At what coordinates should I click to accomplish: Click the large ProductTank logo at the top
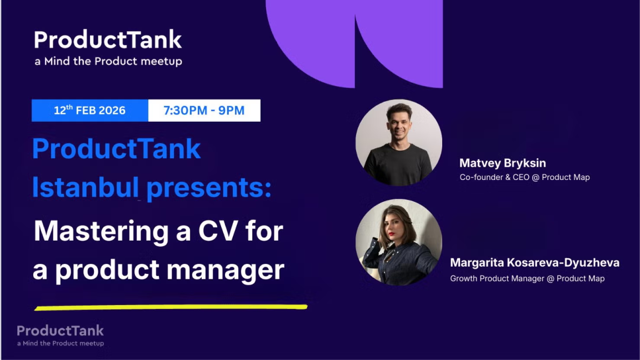[108, 39]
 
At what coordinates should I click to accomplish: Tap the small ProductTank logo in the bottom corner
[60, 331]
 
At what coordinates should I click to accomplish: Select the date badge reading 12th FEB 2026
[90, 110]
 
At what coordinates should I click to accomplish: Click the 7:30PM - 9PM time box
[204, 110]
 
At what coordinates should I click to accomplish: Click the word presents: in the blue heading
[209, 189]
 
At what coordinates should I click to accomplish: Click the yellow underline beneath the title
[171, 307]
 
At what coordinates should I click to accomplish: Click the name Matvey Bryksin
[502, 163]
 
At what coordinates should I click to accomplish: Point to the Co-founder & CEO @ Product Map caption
[524, 177]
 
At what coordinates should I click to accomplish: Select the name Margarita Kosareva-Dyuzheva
[534, 263]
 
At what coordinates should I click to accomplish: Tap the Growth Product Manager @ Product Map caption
[527, 278]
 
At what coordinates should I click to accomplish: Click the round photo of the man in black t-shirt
[399, 143]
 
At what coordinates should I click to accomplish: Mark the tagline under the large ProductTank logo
[108, 61]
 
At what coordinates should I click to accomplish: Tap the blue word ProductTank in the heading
[117, 149]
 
